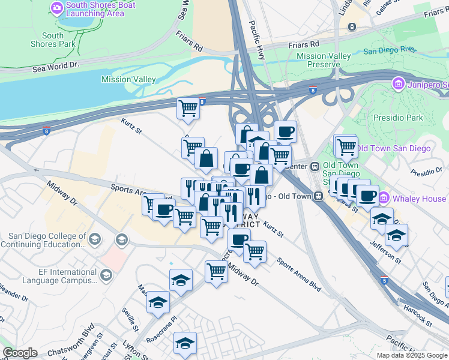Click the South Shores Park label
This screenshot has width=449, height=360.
[x=53, y=40]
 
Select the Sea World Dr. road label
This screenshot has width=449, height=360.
[x=57, y=67]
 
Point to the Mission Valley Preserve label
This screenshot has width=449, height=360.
[x=324, y=60]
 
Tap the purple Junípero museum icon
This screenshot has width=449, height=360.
[x=397, y=83]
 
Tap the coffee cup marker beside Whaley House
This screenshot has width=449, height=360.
[x=367, y=194]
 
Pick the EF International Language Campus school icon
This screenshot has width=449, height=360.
[x=106, y=275]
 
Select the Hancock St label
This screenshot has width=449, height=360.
[x=418, y=316]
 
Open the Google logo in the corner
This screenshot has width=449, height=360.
[x=20, y=353]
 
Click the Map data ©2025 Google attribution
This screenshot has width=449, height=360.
[x=412, y=355]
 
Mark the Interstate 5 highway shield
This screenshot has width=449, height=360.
[x=385, y=280]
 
